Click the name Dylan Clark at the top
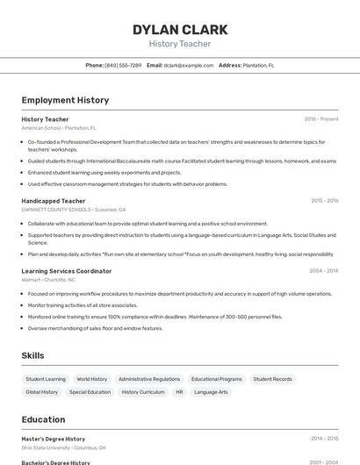(180, 30)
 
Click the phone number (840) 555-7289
(123, 65)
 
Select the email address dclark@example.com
(188, 65)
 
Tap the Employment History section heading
(65, 100)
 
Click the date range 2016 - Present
(321, 119)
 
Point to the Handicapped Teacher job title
(54, 201)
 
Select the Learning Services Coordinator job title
(67, 271)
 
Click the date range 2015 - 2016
(325, 201)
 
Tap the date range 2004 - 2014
(325, 271)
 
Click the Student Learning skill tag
(46, 379)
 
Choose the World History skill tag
(92, 379)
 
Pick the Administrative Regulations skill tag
(149, 379)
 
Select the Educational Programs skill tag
(217, 379)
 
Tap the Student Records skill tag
(272, 379)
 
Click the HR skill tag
(179, 392)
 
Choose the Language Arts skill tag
(211, 392)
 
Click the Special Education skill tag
(90, 392)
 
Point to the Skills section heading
(33, 355)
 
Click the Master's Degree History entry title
(54, 439)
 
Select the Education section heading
(44, 419)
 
